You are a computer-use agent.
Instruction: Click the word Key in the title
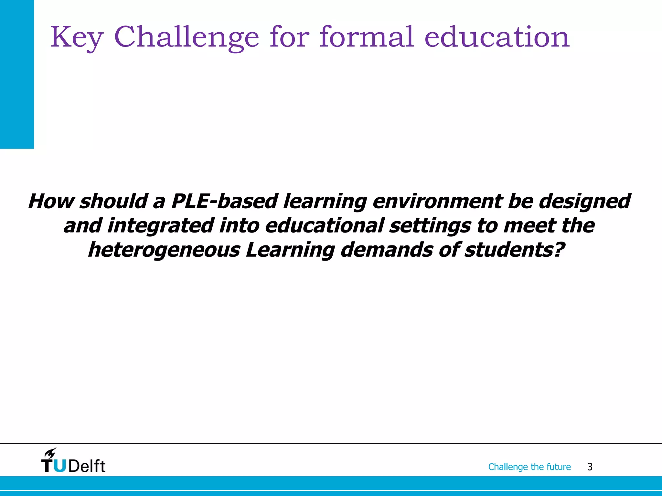click(x=77, y=38)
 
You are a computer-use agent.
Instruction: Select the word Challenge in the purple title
click(x=187, y=38)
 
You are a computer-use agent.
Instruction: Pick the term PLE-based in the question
click(x=224, y=201)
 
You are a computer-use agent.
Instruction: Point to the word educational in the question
click(x=325, y=225)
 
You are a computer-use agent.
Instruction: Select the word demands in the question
click(x=387, y=250)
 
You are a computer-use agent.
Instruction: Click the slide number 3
click(x=590, y=467)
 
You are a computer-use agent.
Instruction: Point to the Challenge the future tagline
click(x=529, y=467)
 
